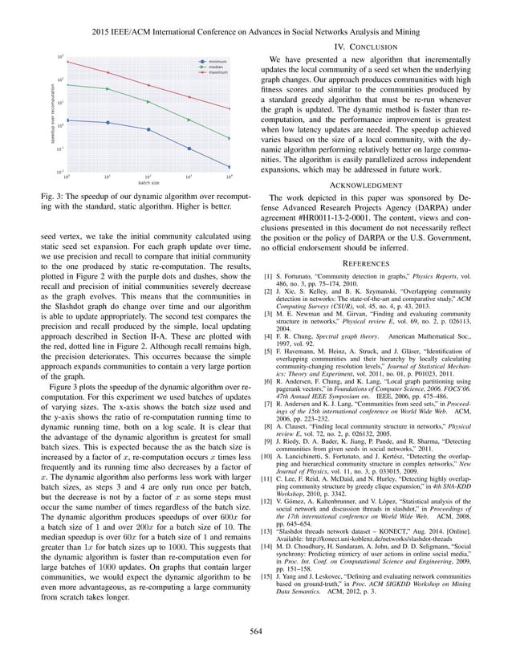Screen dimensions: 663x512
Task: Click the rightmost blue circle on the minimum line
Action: (230, 167)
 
